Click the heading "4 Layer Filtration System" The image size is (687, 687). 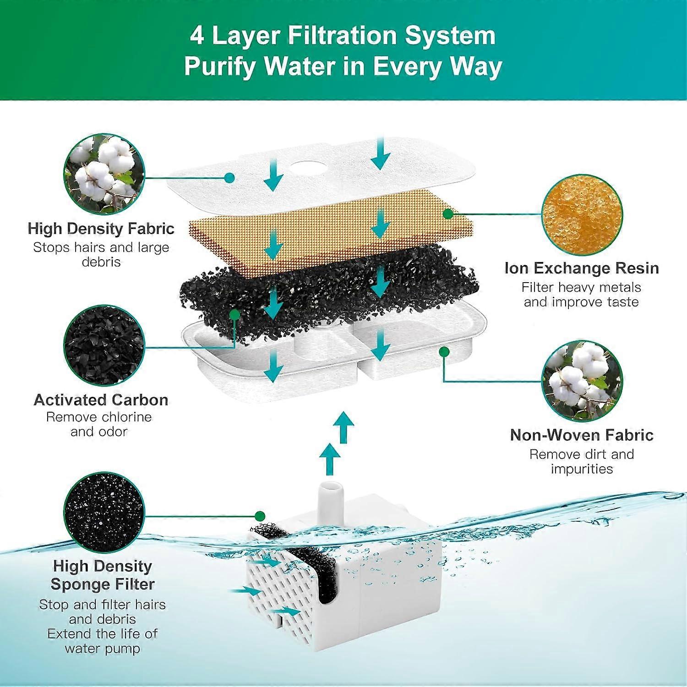(x=343, y=36)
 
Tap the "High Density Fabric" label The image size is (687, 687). (x=101, y=228)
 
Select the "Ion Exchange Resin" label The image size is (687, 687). (x=582, y=268)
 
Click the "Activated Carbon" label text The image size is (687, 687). (x=101, y=400)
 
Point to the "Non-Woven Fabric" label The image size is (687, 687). (x=582, y=435)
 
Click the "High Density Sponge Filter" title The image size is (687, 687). (x=103, y=575)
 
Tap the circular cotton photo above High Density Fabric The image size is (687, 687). (x=104, y=174)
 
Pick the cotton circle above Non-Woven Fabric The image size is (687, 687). (x=582, y=381)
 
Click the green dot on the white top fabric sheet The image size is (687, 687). (x=230, y=177)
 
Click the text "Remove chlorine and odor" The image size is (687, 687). (x=99, y=424)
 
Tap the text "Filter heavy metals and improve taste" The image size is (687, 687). (x=581, y=294)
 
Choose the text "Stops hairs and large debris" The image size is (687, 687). (x=101, y=254)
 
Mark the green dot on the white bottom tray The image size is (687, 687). (x=443, y=351)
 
